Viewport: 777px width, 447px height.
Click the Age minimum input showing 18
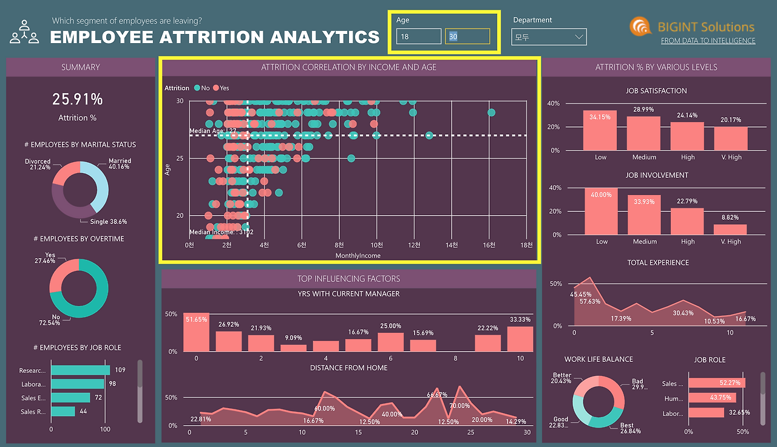[419, 36]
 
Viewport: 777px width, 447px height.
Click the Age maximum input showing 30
[467, 36]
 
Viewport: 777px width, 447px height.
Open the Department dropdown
[549, 37]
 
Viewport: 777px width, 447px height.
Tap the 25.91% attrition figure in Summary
[77, 99]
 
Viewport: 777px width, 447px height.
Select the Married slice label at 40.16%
[120, 164]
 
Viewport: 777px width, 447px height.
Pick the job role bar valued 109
[80, 370]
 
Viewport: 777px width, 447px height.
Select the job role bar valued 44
[63, 411]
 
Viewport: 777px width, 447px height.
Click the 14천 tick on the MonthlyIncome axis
[452, 245]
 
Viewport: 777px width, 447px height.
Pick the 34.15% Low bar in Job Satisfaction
[600, 130]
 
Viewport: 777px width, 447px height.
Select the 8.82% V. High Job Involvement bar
[730, 230]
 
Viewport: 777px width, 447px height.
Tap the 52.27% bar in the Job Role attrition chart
[716, 383]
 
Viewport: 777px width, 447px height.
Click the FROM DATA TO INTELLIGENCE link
[708, 41]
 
